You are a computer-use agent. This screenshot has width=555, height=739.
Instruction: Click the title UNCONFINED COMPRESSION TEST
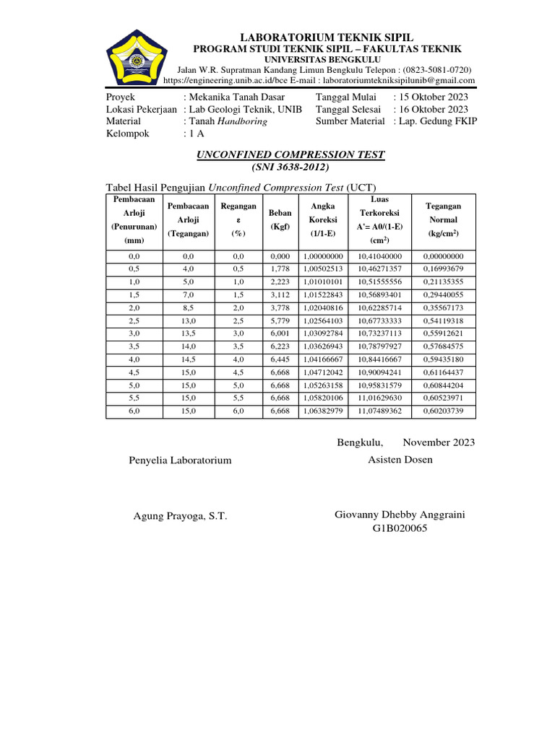pyautogui.click(x=291, y=154)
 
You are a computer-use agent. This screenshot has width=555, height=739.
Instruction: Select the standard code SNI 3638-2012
pyautogui.click(x=291, y=167)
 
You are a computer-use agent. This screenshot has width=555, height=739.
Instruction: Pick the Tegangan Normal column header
pyautogui.click(x=444, y=220)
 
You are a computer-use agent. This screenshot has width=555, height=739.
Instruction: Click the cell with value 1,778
pyautogui.click(x=280, y=268)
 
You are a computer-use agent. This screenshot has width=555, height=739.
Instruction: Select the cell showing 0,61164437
pyautogui.click(x=444, y=373)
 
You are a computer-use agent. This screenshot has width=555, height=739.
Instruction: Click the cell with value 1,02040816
pyautogui.click(x=323, y=307)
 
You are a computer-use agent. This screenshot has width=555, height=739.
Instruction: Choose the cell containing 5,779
pyautogui.click(x=280, y=320)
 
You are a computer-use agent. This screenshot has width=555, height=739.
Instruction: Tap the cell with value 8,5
pyautogui.click(x=188, y=307)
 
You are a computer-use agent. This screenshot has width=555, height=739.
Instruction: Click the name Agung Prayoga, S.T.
pyautogui.click(x=181, y=516)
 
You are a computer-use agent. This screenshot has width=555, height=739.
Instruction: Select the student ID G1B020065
pyautogui.click(x=400, y=528)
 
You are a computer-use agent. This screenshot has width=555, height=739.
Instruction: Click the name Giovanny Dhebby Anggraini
pyautogui.click(x=400, y=515)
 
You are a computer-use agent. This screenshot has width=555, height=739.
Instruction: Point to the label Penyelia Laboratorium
pyautogui.click(x=180, y=460)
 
